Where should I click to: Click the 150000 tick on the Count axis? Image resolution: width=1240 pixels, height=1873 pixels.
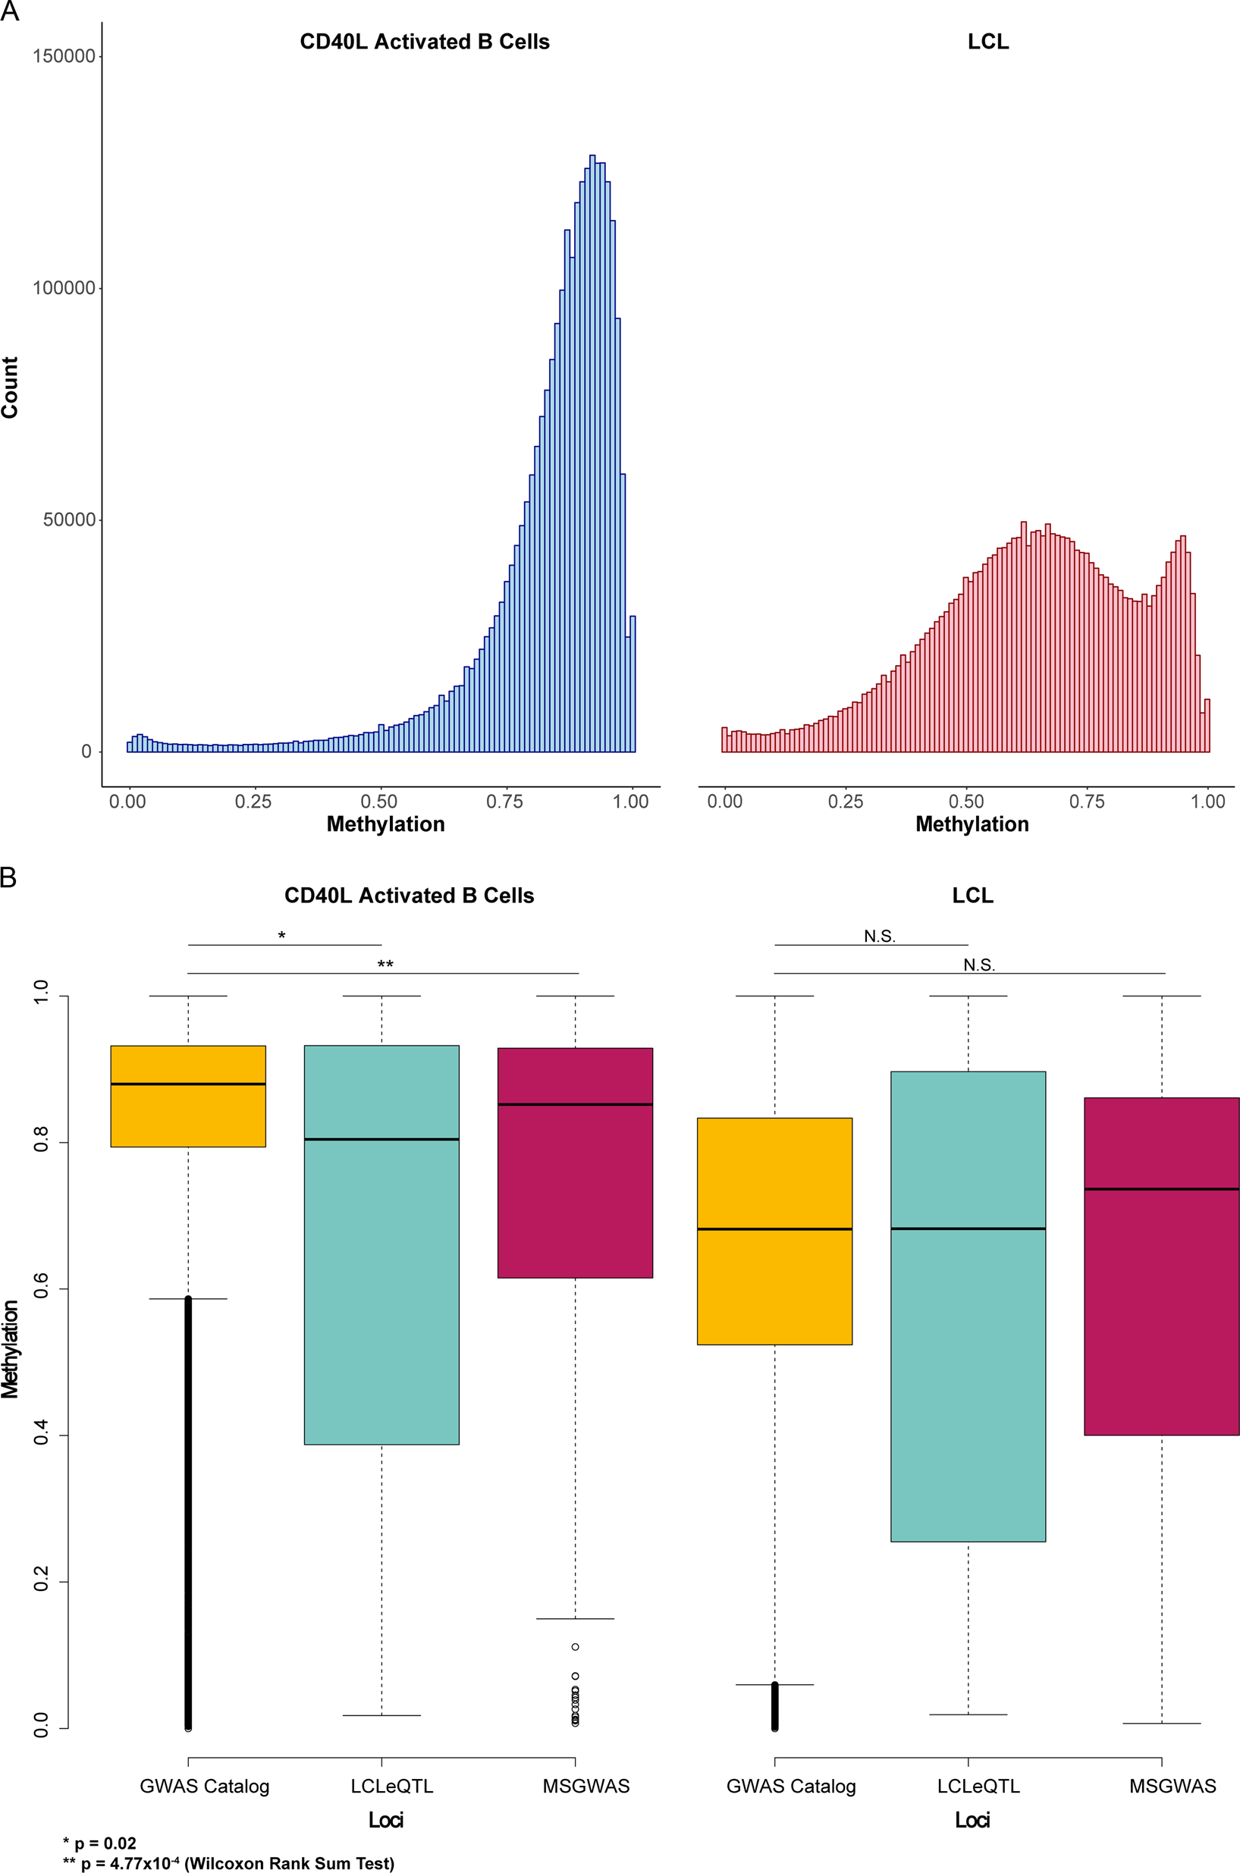[63, 56]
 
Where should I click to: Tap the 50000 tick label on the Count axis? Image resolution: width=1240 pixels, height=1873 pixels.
[69, 519]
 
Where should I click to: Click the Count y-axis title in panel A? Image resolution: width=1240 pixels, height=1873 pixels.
[10, 387]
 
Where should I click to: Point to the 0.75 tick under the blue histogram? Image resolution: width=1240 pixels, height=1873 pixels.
[504, 801]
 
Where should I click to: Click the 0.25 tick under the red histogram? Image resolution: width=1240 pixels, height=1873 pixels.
[846, 801]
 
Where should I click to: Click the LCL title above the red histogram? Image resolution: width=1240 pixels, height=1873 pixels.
[987, 42]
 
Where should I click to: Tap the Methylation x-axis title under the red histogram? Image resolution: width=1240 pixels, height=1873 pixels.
[972, 824]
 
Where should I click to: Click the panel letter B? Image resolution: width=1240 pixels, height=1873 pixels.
[8, 877]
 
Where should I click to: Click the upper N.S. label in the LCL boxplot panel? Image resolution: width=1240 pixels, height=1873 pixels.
[880, 936]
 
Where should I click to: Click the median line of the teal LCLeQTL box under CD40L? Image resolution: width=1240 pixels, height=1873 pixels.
[381, 1139]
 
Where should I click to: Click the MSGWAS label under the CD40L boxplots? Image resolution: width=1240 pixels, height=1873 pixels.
[586, 1786]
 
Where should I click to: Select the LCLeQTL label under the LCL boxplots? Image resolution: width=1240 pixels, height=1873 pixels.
[978, 1786]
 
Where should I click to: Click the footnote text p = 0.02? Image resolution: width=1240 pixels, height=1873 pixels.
[105, 1843]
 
